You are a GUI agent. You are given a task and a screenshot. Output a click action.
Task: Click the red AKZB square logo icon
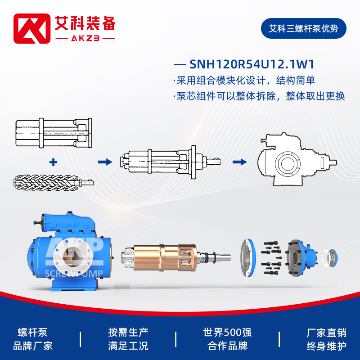pyautogui.click(x=32, y=28)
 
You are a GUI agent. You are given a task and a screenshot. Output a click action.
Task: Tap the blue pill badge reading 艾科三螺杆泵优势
pyautogui.click(x=303, y=28)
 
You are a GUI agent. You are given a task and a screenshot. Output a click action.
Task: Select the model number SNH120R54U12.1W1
pyautogui.click(x=252, y=64)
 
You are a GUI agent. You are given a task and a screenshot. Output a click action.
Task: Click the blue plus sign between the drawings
pyautogui.click(x=53, y=162)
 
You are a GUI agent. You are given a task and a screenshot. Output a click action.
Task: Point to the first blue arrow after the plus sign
pyautogui.click(x=105, y=162)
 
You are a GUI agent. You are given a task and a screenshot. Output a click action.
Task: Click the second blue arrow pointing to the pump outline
pyautogui.click(x=240, y=162)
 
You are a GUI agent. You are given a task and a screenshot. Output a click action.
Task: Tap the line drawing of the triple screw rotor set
pyautogui.click(x=53, y=183)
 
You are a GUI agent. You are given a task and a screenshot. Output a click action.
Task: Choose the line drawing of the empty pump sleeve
pyautogui.click(x=54, y=133)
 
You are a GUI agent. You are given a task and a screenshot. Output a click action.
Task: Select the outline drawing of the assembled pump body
pyautogui.click(x=297, y=160)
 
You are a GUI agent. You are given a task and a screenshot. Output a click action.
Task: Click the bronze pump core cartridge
pyautogui.click(x=165, y=257)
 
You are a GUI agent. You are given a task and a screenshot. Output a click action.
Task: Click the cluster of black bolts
pyautogui.click(x=271, y=258)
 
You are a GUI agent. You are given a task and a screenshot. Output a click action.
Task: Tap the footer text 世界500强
pyautogui.click(x=227, y=333)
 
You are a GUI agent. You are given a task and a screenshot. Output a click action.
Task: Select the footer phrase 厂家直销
pyautogui.click(x=327, y=333)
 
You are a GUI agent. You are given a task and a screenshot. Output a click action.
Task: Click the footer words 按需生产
pyautogui.click(x=128, y=333)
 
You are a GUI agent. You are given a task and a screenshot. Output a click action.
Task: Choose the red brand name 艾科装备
pyautogui.click(x=85, y=24)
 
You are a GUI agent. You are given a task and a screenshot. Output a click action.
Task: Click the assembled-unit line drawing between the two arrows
pyautogui.click(x=170, y=162)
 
